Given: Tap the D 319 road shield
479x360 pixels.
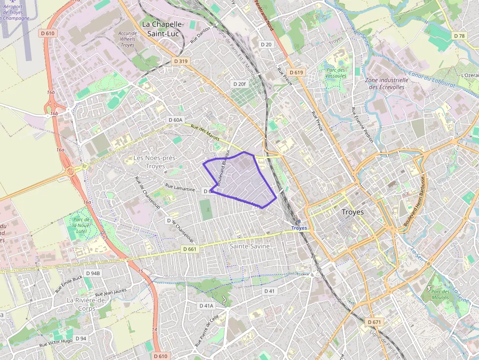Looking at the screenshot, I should point(180,61).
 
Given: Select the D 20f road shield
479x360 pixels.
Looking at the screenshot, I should point(239,84).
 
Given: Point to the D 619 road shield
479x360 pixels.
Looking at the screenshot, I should point(296,72).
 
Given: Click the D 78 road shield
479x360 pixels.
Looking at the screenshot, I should point(459,36).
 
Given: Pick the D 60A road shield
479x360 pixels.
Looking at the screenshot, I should point(175,120).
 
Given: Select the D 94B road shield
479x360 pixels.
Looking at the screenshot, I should point(92,274).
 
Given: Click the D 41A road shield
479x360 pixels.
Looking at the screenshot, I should point(207,306).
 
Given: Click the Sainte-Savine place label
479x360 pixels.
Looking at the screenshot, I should point(250,246).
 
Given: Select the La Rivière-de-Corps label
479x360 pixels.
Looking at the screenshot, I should point(87,304).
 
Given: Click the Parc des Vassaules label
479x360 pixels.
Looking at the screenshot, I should point(336,73).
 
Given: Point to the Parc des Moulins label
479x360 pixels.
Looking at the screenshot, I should point(440,295).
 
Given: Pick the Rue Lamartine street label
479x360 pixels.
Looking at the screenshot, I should point(180,187).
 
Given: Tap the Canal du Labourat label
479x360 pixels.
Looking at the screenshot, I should point(432,79).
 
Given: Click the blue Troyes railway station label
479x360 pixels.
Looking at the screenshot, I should point(299,228).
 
